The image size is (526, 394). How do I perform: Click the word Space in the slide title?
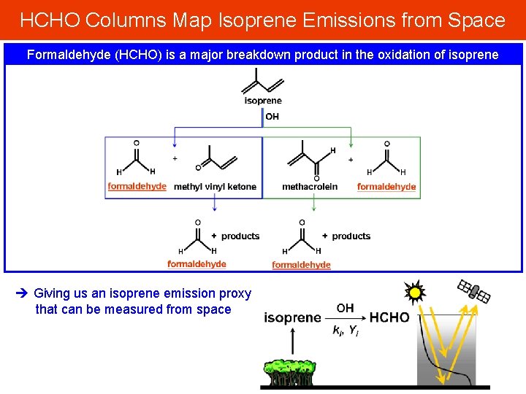pos(474,20)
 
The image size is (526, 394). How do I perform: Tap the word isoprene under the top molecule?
pos(262,101)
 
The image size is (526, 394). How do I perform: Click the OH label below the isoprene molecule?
pos(272,116)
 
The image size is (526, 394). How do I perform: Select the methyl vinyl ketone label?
pos(215,187)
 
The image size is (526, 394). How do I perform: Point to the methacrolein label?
pos(310,187)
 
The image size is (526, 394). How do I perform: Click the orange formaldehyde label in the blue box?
pos(137,187)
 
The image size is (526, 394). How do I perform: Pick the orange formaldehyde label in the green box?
pos(386,187)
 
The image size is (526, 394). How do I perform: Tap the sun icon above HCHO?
pos(415,293)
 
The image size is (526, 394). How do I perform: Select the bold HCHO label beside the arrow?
pos(389,317)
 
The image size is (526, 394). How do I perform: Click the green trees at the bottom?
pos(291,371)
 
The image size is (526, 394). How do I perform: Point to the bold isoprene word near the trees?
pos(292,317)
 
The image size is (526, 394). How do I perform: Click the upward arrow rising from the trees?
pos(292,343)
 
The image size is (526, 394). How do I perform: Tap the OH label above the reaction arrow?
pos(345,308)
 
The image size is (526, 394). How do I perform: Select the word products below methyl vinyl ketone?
pos(240,236)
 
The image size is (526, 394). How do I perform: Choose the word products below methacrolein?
pos(351,236)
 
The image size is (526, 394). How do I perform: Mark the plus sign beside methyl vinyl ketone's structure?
pos(175,158)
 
